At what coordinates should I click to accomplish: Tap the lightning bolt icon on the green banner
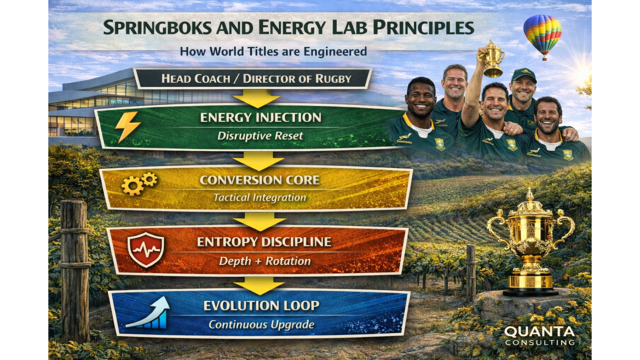click(127, 127)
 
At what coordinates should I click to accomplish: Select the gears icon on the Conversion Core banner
click(139, 183)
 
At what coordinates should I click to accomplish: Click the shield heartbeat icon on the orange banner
click(145, 249)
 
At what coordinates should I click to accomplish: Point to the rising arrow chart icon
click(148, 313)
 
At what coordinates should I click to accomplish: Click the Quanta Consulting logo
click(539, 335)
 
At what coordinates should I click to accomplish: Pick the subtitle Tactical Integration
click(259, 197)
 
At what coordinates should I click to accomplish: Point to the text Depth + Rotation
click(264, 261)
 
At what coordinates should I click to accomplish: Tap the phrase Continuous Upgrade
click(261, 324)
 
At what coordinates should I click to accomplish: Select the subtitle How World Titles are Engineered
click(273, 51)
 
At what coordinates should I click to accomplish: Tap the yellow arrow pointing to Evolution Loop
click(259, 285)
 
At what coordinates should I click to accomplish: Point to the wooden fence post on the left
click(75, 270)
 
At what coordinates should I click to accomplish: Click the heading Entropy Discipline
click(263, 242)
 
